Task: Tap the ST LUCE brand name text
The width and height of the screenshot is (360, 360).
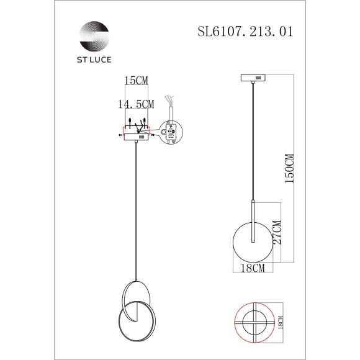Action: [x=93, y=61]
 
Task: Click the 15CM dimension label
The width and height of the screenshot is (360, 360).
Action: [x=136, y=81]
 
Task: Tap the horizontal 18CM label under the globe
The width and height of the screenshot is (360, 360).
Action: [x=248, y=268]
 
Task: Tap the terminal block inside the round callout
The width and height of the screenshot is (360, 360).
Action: [x=172, y=132]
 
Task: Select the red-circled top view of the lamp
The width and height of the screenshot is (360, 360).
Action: [x=254, y=321]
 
